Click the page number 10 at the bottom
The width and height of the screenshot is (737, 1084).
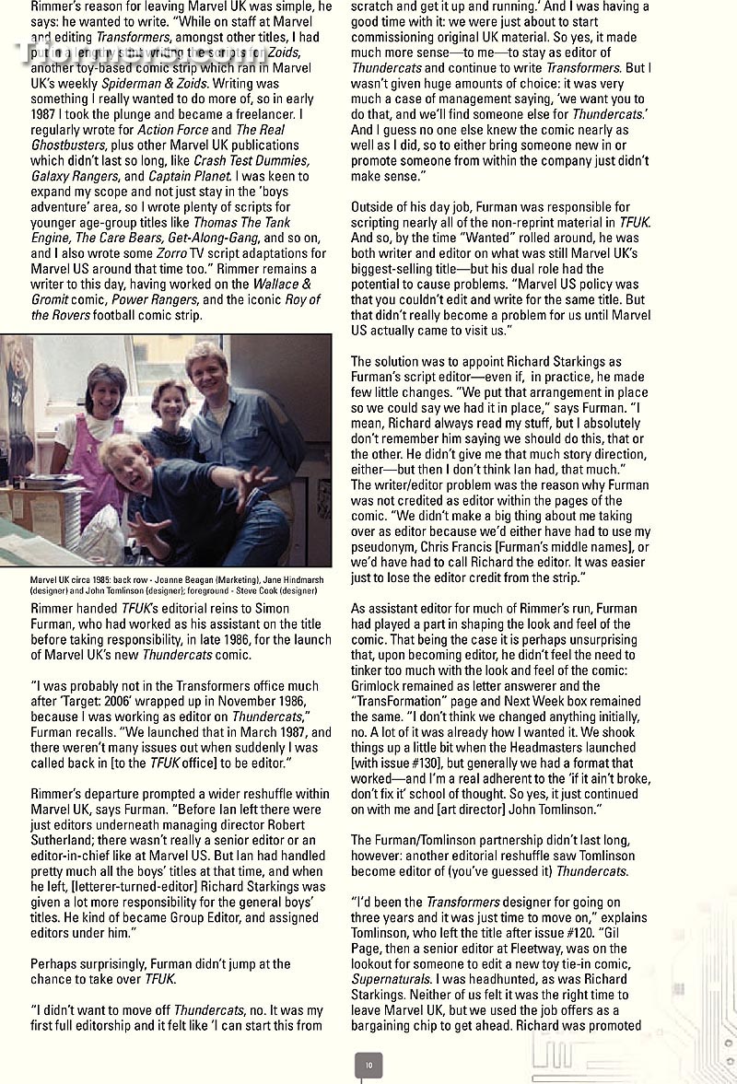coord(368,1065)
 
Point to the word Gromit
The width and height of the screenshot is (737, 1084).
coord(51,299)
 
